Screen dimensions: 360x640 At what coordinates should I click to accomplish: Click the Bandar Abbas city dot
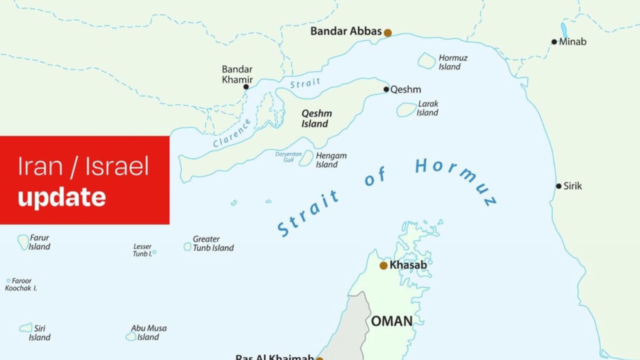[x=387, y=32]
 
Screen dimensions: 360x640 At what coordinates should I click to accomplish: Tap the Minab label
[x=572, y=42]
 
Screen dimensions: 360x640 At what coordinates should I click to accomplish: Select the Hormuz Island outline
[x=426, y=60]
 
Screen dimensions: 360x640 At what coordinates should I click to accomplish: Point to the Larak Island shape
[x=406, y=109]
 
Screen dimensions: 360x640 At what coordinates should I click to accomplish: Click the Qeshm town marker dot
[x=386, y=89]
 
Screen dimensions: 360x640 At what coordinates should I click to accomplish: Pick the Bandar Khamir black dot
[x=246, y=86]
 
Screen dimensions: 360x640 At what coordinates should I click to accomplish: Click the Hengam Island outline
[x=306, y=158]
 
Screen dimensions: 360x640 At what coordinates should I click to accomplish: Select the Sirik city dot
[x=558, y=186]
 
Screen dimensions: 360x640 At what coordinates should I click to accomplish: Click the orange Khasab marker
[x=383, y=265]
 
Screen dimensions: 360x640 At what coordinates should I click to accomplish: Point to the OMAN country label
[x=392, y=321]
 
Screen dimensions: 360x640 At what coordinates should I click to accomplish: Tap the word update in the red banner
[x=61, y=197]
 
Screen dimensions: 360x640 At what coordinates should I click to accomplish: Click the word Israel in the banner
[x=117, y=166]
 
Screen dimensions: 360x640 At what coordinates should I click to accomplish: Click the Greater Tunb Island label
[x=213, y=243]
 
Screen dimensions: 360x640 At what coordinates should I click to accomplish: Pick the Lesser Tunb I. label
[x=142, y=250]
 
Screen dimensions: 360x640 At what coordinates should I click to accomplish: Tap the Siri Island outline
[x=25, y=327]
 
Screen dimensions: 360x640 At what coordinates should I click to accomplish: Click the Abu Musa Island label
[x=148, y=332]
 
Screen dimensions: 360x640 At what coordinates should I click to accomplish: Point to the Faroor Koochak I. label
[x=21, y=284]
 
